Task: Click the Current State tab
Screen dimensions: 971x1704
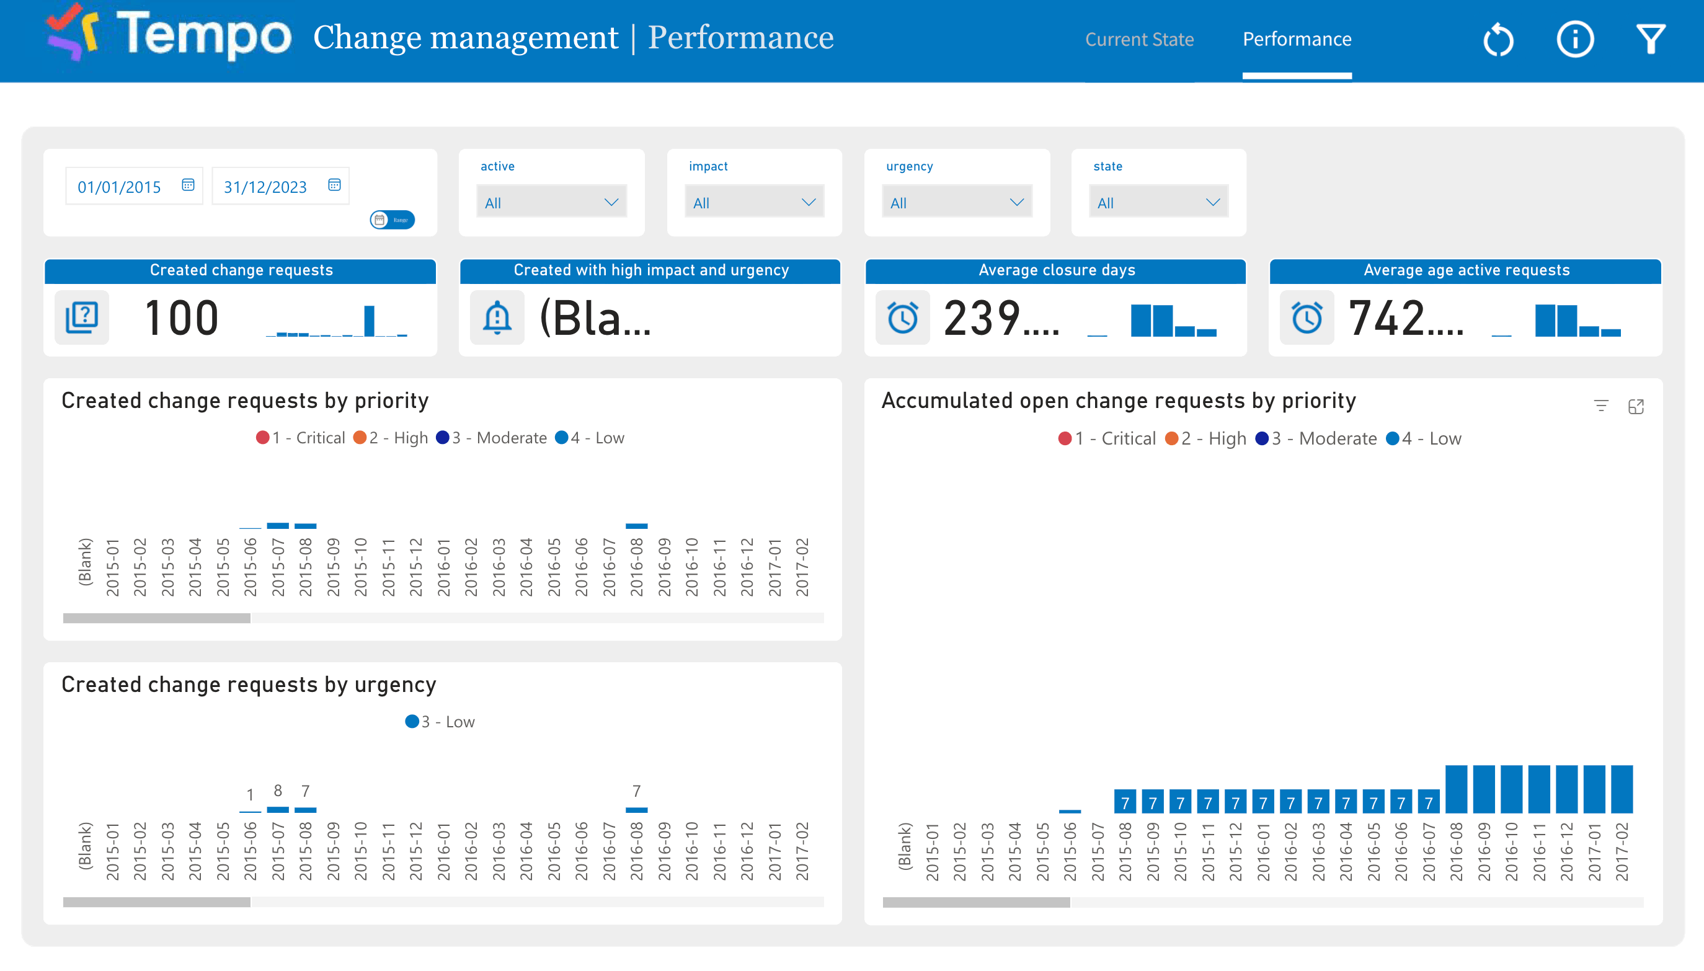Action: tap(1138, 39)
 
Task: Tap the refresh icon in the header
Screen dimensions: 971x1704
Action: tap(1498, 39)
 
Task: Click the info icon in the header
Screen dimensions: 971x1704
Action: tap(1574, 39)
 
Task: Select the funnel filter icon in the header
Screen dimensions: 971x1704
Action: tap(1650, 39)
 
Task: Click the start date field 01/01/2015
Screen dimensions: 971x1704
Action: tap(120, 187)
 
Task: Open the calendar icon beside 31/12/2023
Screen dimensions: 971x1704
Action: tap(334, 185)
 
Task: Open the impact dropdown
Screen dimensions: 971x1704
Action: tap(753, 203)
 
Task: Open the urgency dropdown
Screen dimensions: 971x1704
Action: tap(956, 203)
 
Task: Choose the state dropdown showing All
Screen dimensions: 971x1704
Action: tap(1158, 203)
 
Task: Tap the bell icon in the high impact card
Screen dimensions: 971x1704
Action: tap(497, 318)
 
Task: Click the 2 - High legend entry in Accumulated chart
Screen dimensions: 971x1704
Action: tap(1206, 439)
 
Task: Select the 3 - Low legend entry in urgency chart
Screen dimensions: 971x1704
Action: tap(440, 722)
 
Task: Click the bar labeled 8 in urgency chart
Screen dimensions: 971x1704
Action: tap(277, 809)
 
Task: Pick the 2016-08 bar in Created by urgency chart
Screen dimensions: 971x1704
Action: tap(636, 810)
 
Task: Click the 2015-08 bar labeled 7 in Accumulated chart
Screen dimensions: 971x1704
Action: tap(1124, 802)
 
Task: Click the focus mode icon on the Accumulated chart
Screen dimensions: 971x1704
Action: tap(1635, 407)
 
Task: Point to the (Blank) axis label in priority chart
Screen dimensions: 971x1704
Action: tap(85, 562)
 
